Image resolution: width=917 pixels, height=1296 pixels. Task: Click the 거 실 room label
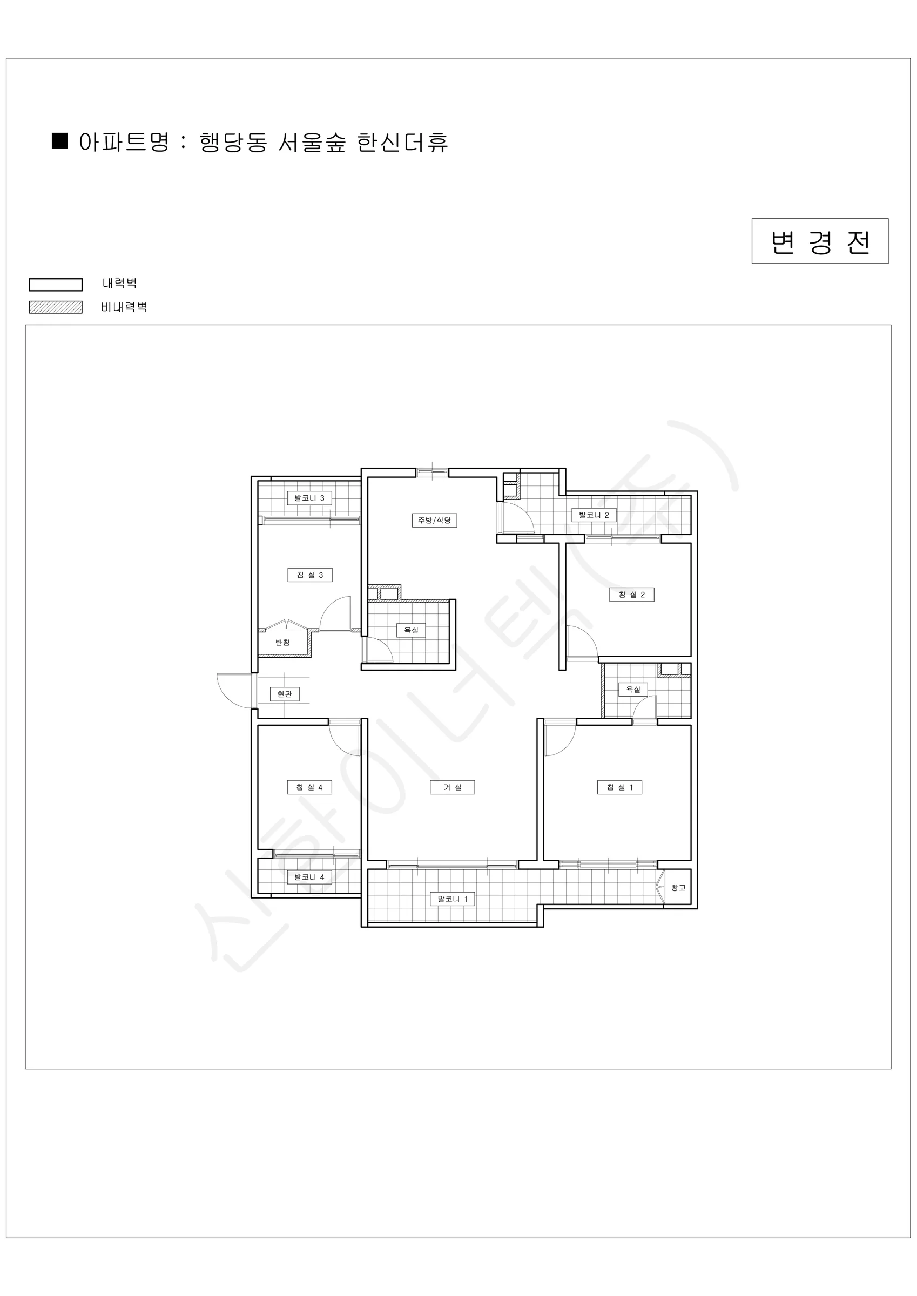452,787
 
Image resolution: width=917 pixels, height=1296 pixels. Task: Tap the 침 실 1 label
619,787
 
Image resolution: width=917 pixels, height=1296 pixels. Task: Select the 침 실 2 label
632,595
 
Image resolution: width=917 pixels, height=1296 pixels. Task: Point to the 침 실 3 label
310,575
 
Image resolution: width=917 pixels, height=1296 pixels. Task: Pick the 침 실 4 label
309,787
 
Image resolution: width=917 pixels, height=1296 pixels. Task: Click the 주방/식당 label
434,520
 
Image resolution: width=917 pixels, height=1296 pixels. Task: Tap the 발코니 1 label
452,899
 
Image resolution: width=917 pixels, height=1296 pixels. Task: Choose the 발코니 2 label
594,515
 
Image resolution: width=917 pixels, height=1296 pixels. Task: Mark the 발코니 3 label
309,498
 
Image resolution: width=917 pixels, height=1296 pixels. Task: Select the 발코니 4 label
309,876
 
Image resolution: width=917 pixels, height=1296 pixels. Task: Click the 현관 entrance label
285,694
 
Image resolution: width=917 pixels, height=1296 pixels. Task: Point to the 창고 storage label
678,887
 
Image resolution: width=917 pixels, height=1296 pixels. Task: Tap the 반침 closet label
282,643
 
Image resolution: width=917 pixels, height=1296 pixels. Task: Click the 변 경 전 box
820,241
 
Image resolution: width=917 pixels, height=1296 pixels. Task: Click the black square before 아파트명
60,140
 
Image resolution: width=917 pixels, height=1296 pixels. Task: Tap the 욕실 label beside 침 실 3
411,630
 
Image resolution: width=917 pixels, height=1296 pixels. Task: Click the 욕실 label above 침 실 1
633,689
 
